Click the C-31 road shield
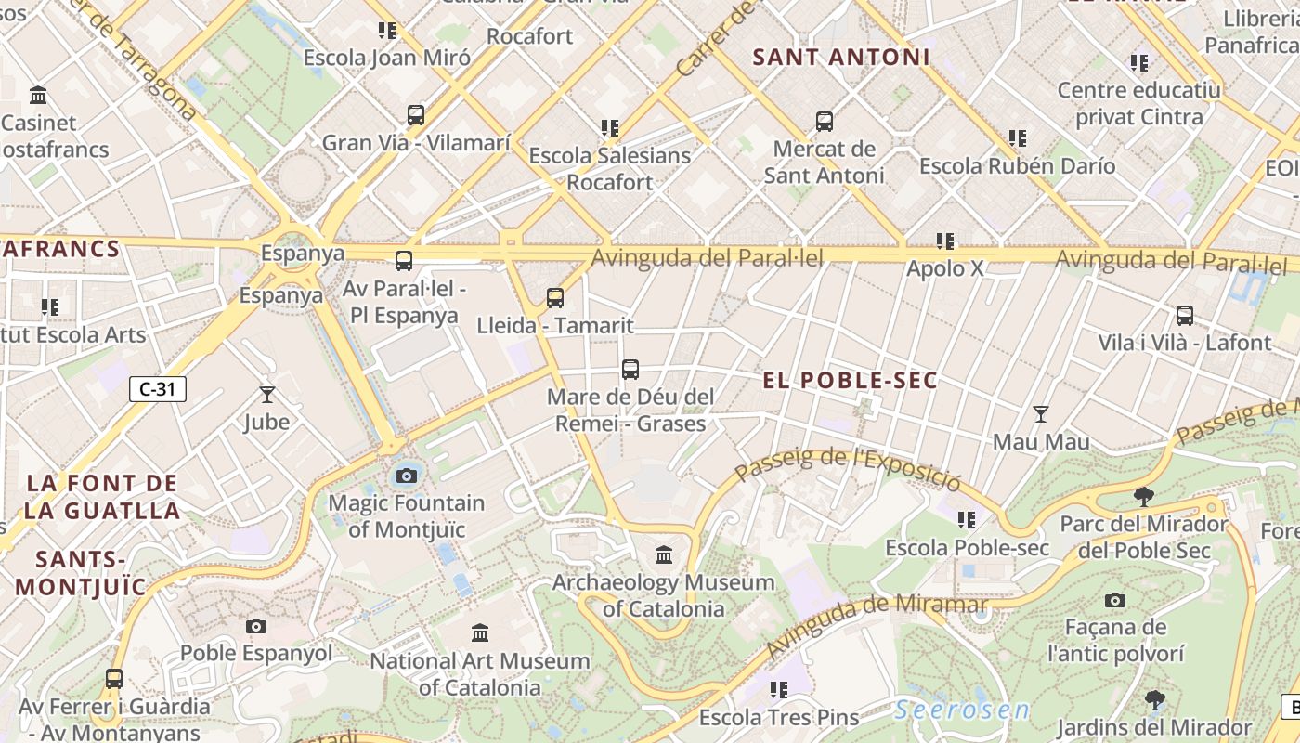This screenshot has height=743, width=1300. (x=158, y=389)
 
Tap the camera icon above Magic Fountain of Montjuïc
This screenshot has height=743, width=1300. (x=406, y=476)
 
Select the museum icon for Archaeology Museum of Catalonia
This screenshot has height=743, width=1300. (x=664, y=555)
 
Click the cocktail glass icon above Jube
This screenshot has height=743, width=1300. (x=267, y=395)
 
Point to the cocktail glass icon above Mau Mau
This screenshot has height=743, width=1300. (x=1041, y=414)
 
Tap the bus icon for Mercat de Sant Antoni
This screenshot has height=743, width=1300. (x=824, y=122)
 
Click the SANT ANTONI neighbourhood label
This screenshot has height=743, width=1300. (x=840, y=58)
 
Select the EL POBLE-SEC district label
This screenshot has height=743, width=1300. (x=850, y=381)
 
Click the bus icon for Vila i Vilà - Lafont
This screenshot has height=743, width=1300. (x=1184, y=316)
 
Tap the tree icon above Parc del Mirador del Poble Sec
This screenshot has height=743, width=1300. (x=1144, y=497)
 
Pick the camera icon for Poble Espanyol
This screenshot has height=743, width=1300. (x=256, y=626)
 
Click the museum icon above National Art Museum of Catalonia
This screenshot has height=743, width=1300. (x=480, y=633)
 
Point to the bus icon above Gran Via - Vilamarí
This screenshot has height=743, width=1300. (x=416, y=116)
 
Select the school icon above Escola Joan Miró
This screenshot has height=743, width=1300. (x=387, y=31)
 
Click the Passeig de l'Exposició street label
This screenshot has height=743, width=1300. (x=847, y=467)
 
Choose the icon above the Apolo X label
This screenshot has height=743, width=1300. (x=945, y=241)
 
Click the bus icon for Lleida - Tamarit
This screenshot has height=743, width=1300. (x=555, y=298)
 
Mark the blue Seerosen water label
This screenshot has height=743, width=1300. (x=962, y=710)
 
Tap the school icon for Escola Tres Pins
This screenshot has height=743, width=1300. (x=778, y=690)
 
